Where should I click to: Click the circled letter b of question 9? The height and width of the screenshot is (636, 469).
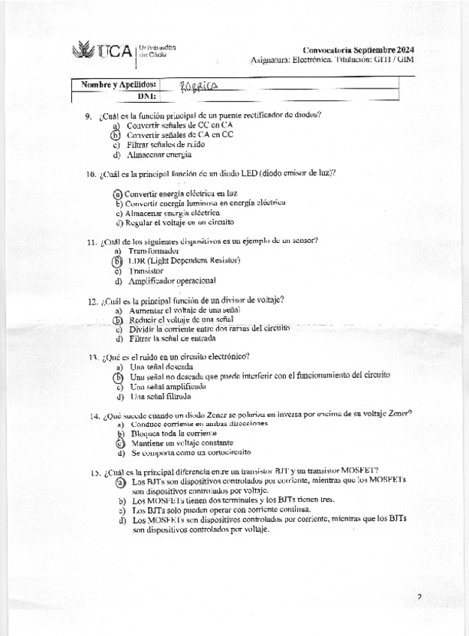click(116, 135)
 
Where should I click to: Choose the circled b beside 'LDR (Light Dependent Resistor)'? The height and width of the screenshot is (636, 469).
click(116, 261)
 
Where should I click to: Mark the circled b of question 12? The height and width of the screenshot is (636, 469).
click(117, 319)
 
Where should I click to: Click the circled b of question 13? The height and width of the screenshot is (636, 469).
click(118, 376)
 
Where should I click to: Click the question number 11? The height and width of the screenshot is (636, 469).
click(92, 241)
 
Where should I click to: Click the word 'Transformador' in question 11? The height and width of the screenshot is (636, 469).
click(154, 250)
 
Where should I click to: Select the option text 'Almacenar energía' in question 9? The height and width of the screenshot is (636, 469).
click(159, 154)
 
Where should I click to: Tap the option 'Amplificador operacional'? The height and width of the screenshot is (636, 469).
click(173, 281)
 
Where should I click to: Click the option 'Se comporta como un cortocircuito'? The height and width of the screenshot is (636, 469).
click(191, 453)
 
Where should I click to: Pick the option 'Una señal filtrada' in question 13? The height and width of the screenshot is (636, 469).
click(161, 396)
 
